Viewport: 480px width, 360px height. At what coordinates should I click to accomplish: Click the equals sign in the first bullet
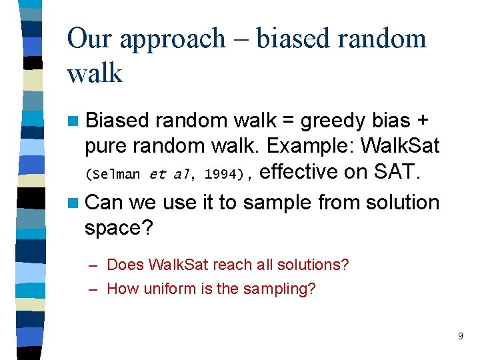click(x=288, y=121)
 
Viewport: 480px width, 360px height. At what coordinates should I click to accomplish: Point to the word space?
click(x=119, y=228)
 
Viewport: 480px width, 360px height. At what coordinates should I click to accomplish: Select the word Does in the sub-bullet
click(x=125, y=265)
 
